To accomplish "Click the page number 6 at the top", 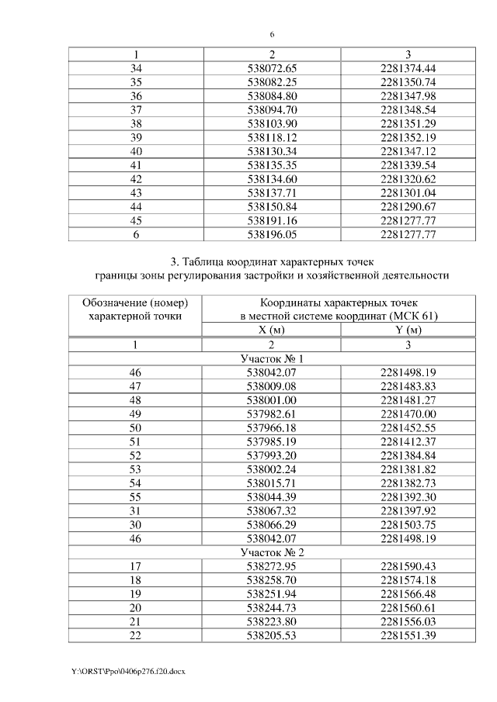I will coord(273,35).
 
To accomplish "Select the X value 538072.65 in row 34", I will coord(272,68).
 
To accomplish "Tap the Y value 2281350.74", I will coord(408,81).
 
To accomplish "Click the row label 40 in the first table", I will coord(137,150).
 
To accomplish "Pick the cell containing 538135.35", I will coord(272,164).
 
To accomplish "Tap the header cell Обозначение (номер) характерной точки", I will coord(136,308).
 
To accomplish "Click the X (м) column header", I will coord(272,330).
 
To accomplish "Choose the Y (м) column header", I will coord(408,330).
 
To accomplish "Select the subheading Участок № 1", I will coord(272,359).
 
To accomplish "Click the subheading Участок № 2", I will coord(272,552).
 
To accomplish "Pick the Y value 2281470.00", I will coord(408,414).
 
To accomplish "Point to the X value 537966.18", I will coord(272,428).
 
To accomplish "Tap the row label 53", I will coord(137,469).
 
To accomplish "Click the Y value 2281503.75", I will coord(408,524).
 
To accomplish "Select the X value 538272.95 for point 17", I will coord(272,565).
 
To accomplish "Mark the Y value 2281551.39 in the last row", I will coord(408,635).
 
